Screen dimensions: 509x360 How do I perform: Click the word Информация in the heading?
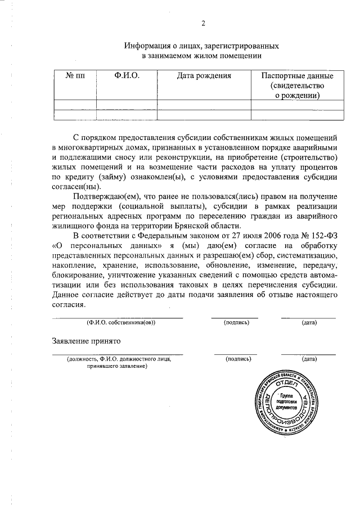coord(148,46)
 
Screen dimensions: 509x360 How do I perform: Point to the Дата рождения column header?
coord(204,76)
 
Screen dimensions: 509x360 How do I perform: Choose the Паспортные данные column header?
coord(298,76)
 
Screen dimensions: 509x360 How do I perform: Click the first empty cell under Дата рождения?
coord(204,104)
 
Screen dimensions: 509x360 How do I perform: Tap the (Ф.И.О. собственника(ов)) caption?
coord(120,323)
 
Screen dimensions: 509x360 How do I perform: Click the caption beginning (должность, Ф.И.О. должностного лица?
coord(118,359)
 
